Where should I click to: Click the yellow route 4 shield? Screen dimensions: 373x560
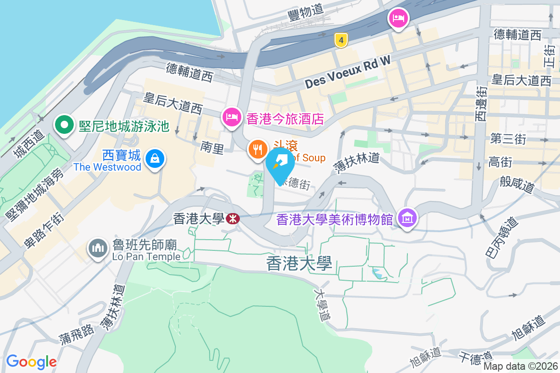tap(342, 41)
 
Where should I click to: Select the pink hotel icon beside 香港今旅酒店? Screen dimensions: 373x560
tap(232, 117)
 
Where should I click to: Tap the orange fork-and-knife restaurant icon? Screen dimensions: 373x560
tap(257, 150)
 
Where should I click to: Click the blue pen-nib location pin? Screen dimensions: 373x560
tap(280, 164)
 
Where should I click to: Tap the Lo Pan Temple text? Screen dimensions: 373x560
tap(146, 256)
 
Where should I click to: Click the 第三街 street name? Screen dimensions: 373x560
tap(508, 138)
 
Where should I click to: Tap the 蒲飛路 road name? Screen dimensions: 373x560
tap(77, 337)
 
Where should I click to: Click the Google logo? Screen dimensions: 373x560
tap(31, 361)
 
